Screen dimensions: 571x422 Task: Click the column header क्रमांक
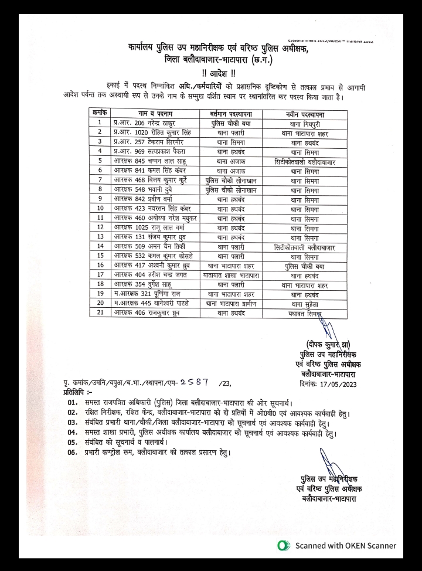[x=100, y=112]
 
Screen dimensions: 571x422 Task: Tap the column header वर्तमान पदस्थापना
[x=226, y=112]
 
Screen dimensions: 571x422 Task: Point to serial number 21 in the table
[x=100, y=313]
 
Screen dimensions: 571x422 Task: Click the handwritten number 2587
[x=196, y=382]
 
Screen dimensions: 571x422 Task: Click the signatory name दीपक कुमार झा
[x=327, y=344]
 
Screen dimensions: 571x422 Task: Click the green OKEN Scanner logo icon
[x=285, y=545]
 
